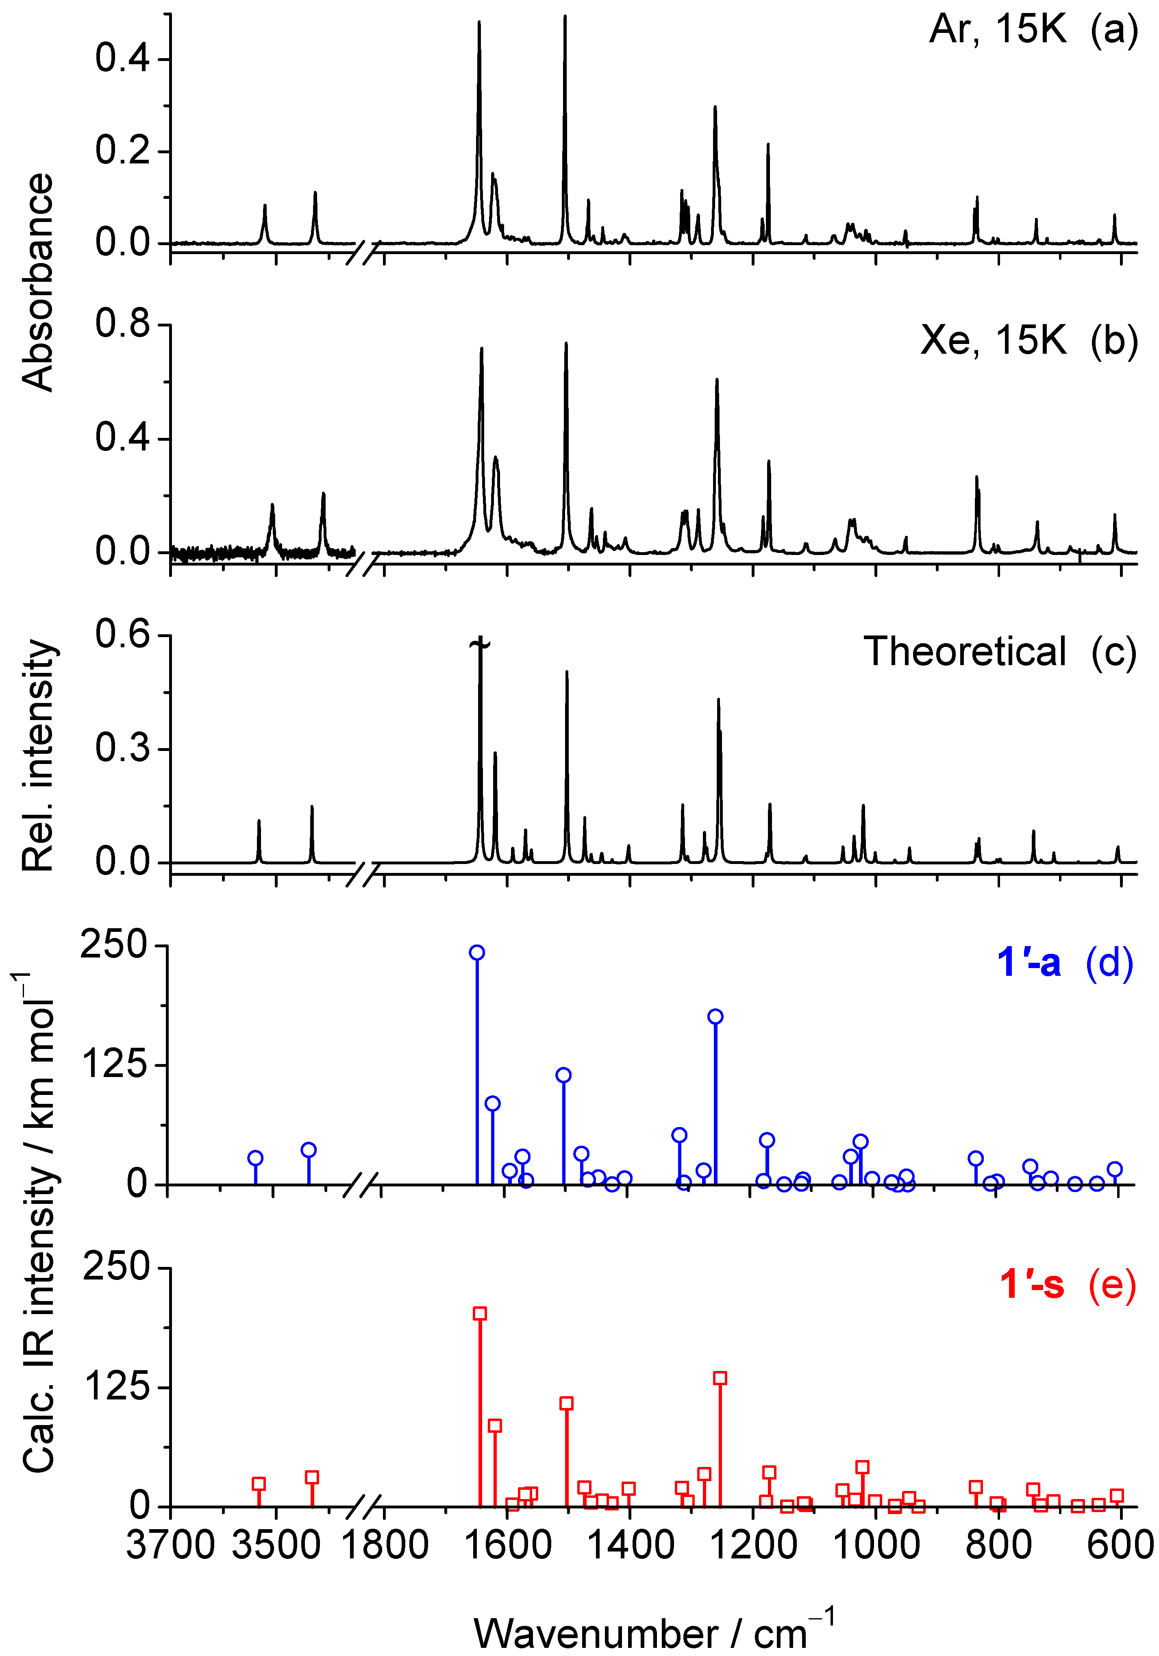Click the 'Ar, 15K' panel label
tap(998, 30)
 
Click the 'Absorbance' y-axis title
tap(37, 282)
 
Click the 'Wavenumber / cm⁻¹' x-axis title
tap(653, 1632)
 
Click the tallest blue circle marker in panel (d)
tap(477, 953)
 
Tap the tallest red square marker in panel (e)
tap(480, 1313)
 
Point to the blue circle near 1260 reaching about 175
tap(715, 1017)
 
